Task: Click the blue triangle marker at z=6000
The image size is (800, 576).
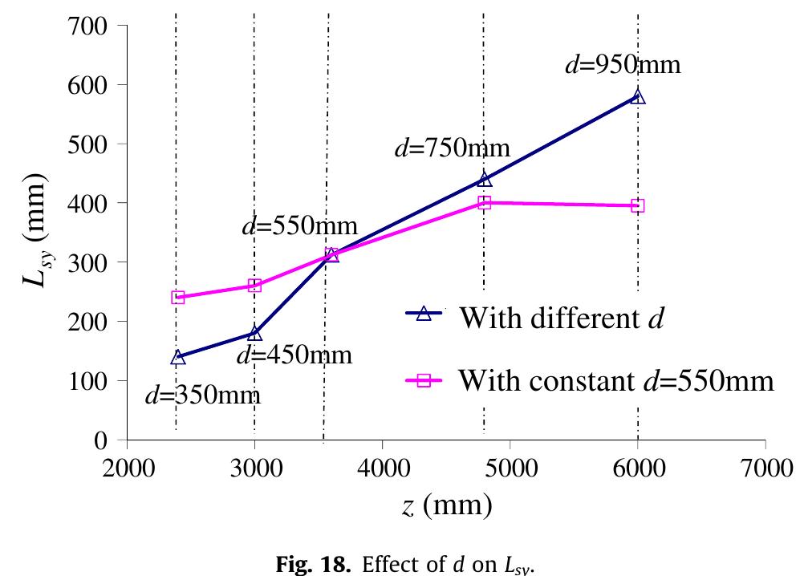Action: coord(638,96)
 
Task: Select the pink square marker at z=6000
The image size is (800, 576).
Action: coord(638,206)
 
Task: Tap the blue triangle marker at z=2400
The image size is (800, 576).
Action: coord(178,357)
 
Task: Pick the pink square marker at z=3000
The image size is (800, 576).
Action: coord(254,286)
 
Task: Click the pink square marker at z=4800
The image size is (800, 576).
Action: coord(485,203)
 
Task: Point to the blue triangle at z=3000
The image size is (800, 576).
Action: coord(254,333)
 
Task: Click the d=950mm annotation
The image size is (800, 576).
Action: coord(623,65)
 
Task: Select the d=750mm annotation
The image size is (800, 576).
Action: coord(452,148)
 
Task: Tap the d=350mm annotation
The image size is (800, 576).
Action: coord(202,395)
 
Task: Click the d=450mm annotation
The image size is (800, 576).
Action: coord(294,355)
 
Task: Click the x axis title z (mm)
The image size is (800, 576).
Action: coord(445,506)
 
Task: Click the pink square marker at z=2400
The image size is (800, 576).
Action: coord(178,298)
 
